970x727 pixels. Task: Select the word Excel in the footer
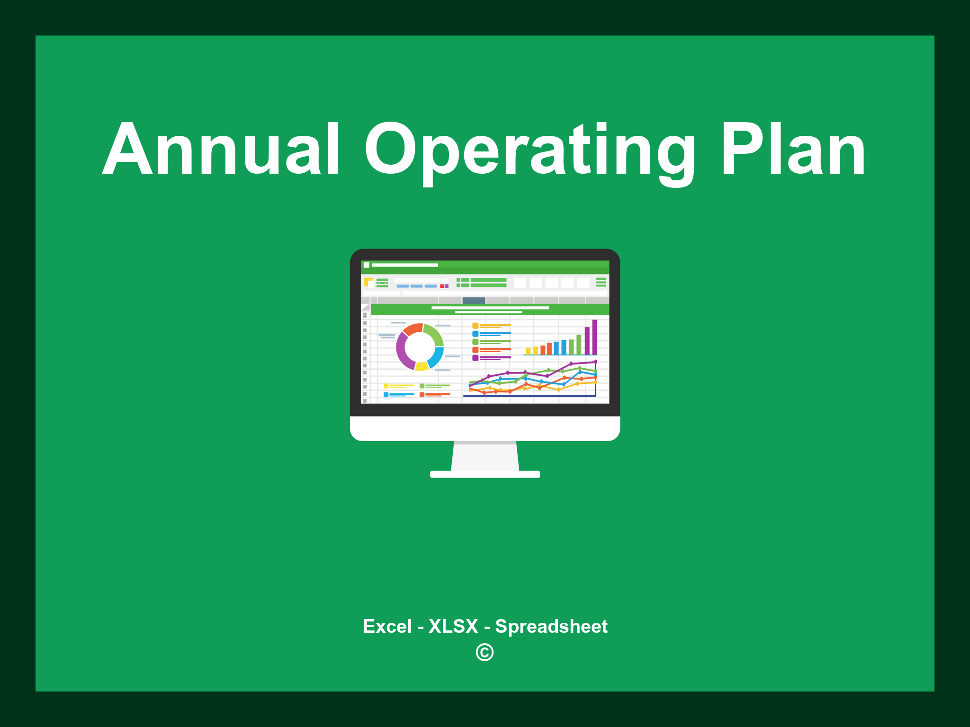(x=387, y=627)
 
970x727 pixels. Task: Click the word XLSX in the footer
(x=453, y=627)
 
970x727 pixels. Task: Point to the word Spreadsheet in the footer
(x=551, y=627)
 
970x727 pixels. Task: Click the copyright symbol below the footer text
(x=485, y=653)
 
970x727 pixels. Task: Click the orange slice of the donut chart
(x=412, y=328)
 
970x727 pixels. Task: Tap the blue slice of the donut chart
(x=436, y=357)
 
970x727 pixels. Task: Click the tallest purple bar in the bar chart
(x=594, y=337)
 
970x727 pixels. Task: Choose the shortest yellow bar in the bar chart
(x=528, y=351)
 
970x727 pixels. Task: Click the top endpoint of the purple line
(x=595, y=362)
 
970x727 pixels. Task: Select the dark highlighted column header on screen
(x=474, y=301)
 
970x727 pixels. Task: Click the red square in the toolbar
(x=442, y=286)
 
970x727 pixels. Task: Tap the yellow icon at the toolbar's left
(x=368, y=282)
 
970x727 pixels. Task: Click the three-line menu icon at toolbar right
(x=601, y=282)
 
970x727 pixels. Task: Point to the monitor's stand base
(x=485, y=474)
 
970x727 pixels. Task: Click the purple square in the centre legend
(x=475, y=358)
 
